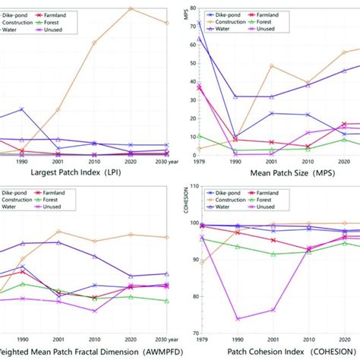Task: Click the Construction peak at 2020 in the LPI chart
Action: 131,8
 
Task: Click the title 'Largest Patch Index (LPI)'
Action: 77,172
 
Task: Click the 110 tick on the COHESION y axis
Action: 193,187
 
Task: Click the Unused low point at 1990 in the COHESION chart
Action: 237,319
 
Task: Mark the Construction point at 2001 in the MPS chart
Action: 272,66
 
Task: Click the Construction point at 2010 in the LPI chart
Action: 94,43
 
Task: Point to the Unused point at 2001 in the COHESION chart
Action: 272,310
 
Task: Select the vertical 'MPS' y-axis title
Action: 185,14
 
